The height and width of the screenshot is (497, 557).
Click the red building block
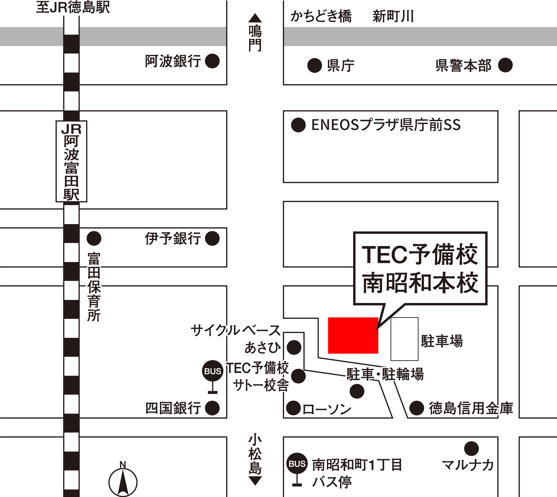tap(353, 335)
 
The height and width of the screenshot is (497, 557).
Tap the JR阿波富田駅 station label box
tap(71, 161)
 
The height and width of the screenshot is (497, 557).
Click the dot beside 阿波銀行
tap(212, 61)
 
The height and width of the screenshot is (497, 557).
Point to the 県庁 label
tap(340, 66)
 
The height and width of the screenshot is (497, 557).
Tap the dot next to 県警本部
tap(505, 65)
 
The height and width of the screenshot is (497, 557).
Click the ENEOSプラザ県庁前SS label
tap(386, 125)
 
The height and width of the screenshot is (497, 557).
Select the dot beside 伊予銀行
tap(212, 238)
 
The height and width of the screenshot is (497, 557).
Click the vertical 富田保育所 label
tap(94, 287)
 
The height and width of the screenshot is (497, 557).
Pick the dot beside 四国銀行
tap(212, 408)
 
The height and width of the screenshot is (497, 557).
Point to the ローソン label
tap(327, 409)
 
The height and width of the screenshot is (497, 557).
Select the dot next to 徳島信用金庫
tap(417, 408)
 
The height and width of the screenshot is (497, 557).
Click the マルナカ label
tap(468, 465)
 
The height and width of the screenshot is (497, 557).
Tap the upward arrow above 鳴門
tap(255, 18)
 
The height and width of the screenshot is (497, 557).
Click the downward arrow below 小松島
tap(255, 481)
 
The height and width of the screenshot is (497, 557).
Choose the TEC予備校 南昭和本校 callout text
tap(420, 268)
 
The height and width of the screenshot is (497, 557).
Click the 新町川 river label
tap(393, 16)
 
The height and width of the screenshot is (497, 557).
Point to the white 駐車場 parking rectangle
tap(404, 339)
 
